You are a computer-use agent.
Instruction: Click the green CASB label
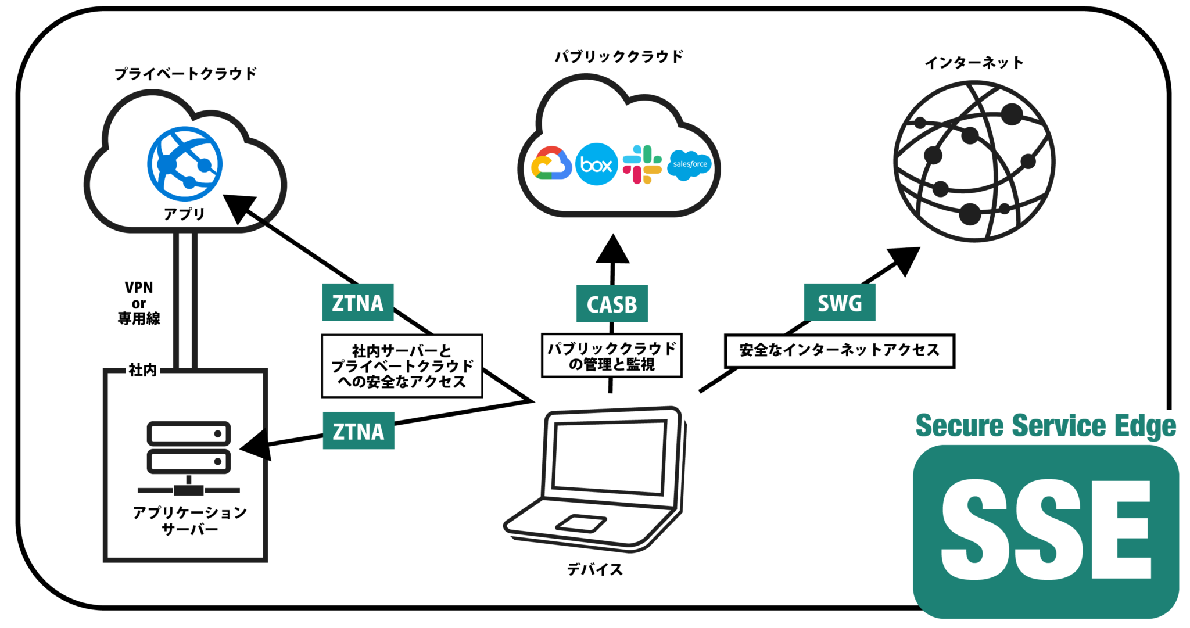(612, 304)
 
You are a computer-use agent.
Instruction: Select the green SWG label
(839, 303)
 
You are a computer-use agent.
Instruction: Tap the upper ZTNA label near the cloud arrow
(358, 303)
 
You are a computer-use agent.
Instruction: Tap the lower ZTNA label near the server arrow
(359, 431)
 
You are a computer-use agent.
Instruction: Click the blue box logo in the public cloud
(596, 164)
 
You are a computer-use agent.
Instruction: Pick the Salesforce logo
(690, 164)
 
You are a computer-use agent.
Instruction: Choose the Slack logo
(642, 164)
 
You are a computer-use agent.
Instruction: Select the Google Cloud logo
(550, 164)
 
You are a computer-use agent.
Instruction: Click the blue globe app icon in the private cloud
(185, 164)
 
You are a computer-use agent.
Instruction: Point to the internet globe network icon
(974, 162)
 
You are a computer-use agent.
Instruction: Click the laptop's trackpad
(580, 523)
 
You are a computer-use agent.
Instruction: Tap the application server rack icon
(189, 456)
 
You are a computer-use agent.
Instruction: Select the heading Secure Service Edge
(1045, 426)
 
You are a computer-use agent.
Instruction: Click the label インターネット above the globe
(974, 63)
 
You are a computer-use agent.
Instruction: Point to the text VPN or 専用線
(139, 303)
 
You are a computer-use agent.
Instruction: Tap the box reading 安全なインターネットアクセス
(839, 350)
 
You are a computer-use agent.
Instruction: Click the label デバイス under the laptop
(594, 569)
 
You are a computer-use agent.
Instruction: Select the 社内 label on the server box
(142, 370)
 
